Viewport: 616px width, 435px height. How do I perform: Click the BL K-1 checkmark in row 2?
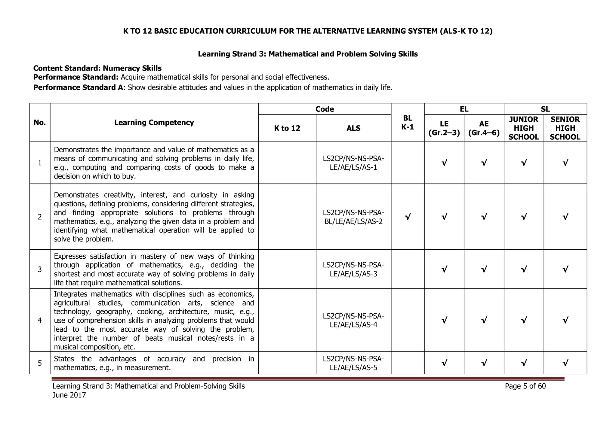pyautogui.click(x=408, y=217)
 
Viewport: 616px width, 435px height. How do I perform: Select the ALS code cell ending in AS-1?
pyautogui.click(x=353, y=163)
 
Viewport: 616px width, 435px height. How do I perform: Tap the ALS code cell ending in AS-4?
pyautogui.click(x=353, y=320)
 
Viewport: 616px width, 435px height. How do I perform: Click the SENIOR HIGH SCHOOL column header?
pyautogui.click(x=565, y=128)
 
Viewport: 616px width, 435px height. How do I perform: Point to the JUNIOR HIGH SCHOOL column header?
pyautogui.click(x=523, y=128)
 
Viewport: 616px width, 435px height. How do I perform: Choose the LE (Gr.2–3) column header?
pyautogui.click(x=444, y=128)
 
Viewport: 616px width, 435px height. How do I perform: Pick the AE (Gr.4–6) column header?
pyautogui.click(x=484, y=128)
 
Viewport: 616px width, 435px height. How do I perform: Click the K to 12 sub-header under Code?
pyautogui.click(x=287, y=128)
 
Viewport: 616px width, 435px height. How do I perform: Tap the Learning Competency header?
pyautogui.click(x=154, y=123)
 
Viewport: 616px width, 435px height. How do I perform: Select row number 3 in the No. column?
pyautogui.click(x=40, y=269)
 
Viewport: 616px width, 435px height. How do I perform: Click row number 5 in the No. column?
pyautogui.click(x=40, y=363)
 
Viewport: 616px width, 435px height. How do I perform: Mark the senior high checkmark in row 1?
pyautogui.click(x=565, y=163)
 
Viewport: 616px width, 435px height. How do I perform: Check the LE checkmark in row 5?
pyautogui.click(x=444, y=363)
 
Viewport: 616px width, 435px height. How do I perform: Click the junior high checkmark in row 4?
pyautogui.click(x=524, y=320)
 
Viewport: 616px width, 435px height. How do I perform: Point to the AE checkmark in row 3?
pyautogui.click(x=484, y=269)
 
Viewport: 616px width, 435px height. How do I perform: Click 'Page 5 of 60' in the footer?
pyautogui.click(x=525, y=386)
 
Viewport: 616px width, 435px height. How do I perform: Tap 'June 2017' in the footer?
pyautogui.click(x=69, y=395)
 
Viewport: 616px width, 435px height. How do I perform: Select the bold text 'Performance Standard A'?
pyautogui.click(x=78, y=88)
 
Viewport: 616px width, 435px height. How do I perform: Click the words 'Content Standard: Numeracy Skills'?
pyautogui.click(x=97, y=68)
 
